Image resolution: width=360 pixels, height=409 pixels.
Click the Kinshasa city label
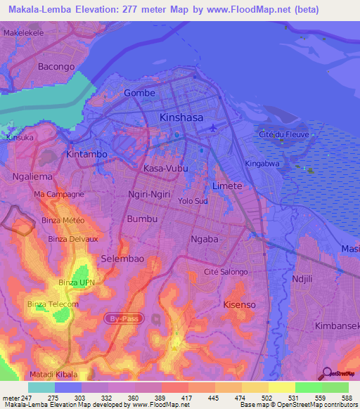click(181, 117)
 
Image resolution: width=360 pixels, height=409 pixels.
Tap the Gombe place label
click(139, 93)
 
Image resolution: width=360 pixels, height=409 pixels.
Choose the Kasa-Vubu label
click(165, 169)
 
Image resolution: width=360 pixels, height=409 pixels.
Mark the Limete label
click(227, 186)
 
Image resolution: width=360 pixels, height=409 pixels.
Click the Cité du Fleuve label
click(284, 134)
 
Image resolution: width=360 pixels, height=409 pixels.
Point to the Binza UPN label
click(77, 283)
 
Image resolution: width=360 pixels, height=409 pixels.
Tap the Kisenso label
click(239, 304)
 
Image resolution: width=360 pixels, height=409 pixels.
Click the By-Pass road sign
click(123, 318)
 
